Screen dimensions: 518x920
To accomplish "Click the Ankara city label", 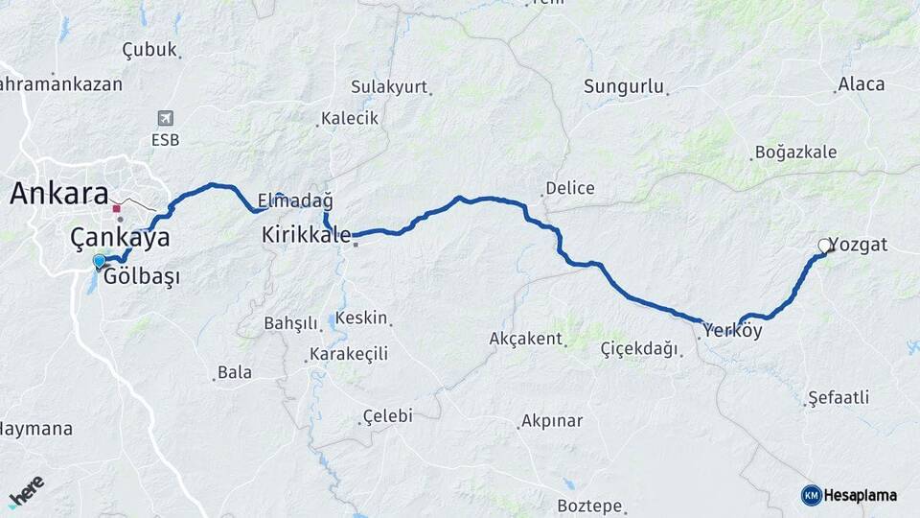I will click(x=58, y=194).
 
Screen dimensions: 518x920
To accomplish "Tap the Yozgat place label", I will click(x=862, y=245).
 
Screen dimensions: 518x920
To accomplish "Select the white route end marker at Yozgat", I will click(x=825, y=247).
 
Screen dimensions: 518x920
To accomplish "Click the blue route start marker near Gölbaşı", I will click(x=99, y=261).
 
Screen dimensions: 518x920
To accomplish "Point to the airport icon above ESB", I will click(x=165, y=118).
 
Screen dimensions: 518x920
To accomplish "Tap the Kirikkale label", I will click(x=306, y=234).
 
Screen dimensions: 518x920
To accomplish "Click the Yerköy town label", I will click(x=732, y=331).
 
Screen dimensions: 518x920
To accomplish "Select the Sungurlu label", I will click(x=624, y=87).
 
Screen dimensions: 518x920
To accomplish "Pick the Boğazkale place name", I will click(x=795, y=152).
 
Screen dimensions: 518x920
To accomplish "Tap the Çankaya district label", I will click(x=120, y=238).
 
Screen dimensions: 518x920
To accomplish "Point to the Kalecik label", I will click(x=351, y=118).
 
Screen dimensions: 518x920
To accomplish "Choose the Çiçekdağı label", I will click(x=638, y=348).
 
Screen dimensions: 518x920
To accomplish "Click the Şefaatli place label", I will click(x=839, y=396).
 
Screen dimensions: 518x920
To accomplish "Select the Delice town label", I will click(x=569, y=188).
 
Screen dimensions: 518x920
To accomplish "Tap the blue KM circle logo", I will click(x=811, y=495).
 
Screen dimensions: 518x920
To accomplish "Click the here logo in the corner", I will click(x=26, y=492).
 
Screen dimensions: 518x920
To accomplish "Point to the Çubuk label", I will click(x=149, y=50).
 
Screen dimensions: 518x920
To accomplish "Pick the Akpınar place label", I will click(x=551, y=421).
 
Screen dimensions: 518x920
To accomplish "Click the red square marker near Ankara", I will click(x=116, y=208).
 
